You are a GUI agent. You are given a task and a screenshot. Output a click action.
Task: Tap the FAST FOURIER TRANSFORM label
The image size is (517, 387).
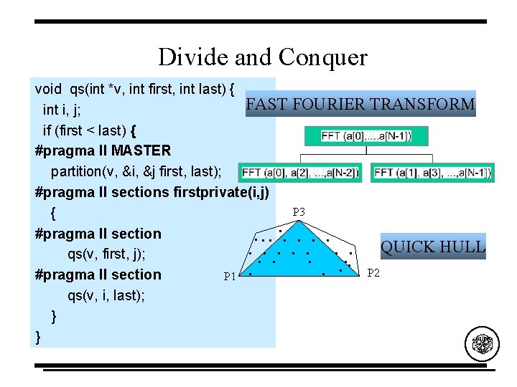click(x=360, y=104)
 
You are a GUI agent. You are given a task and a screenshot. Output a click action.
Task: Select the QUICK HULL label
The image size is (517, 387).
click(x=433, y=247)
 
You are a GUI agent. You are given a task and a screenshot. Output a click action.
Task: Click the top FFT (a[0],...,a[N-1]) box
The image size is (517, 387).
click(x=366, y=136)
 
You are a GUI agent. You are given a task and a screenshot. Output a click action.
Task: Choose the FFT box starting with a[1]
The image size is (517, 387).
click(x=432, y=173)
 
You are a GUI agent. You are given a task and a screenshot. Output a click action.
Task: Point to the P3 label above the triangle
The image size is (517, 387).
click(x=299, y=212)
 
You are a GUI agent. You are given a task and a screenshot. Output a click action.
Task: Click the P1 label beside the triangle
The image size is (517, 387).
click(x=230, y=277)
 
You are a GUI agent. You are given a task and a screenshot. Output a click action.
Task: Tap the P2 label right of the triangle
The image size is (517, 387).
click(x=373, y=272)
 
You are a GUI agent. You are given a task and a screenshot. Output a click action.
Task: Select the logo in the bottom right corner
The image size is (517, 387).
click(x=481, y=345)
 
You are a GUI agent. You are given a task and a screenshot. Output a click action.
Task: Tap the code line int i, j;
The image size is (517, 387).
click(x=61, y=110)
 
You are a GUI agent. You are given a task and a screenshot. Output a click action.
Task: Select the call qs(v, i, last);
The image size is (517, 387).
click(x=106, y=295)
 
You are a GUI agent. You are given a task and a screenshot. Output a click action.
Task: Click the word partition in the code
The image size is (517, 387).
click(x=78, y=171)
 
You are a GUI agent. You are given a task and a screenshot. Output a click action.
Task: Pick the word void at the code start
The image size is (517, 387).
click(x=48, y=89)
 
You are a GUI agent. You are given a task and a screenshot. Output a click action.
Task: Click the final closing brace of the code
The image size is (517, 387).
click(x=37, y=336)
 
